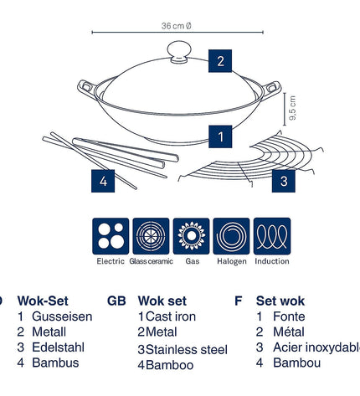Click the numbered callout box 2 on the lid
point(220,61)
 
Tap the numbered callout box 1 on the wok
point(220,136)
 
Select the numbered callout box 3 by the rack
point(284,181)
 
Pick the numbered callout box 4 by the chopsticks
point(103,181)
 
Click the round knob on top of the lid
point(179,52)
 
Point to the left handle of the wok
point(86,88)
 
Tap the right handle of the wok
point(271,89)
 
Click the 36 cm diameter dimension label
point(177,26)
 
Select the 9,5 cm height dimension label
point(292,108)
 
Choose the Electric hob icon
point(111,236)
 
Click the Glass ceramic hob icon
point(151,236)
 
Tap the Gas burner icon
point(191,236)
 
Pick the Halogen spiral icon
point(231,236)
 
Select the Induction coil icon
point(272,236)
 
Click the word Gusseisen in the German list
point(62,316)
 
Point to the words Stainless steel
point(187,350)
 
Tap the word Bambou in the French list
point(296,363)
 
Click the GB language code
point(116,301)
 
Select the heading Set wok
point(280,301)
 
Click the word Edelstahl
point(58,347)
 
